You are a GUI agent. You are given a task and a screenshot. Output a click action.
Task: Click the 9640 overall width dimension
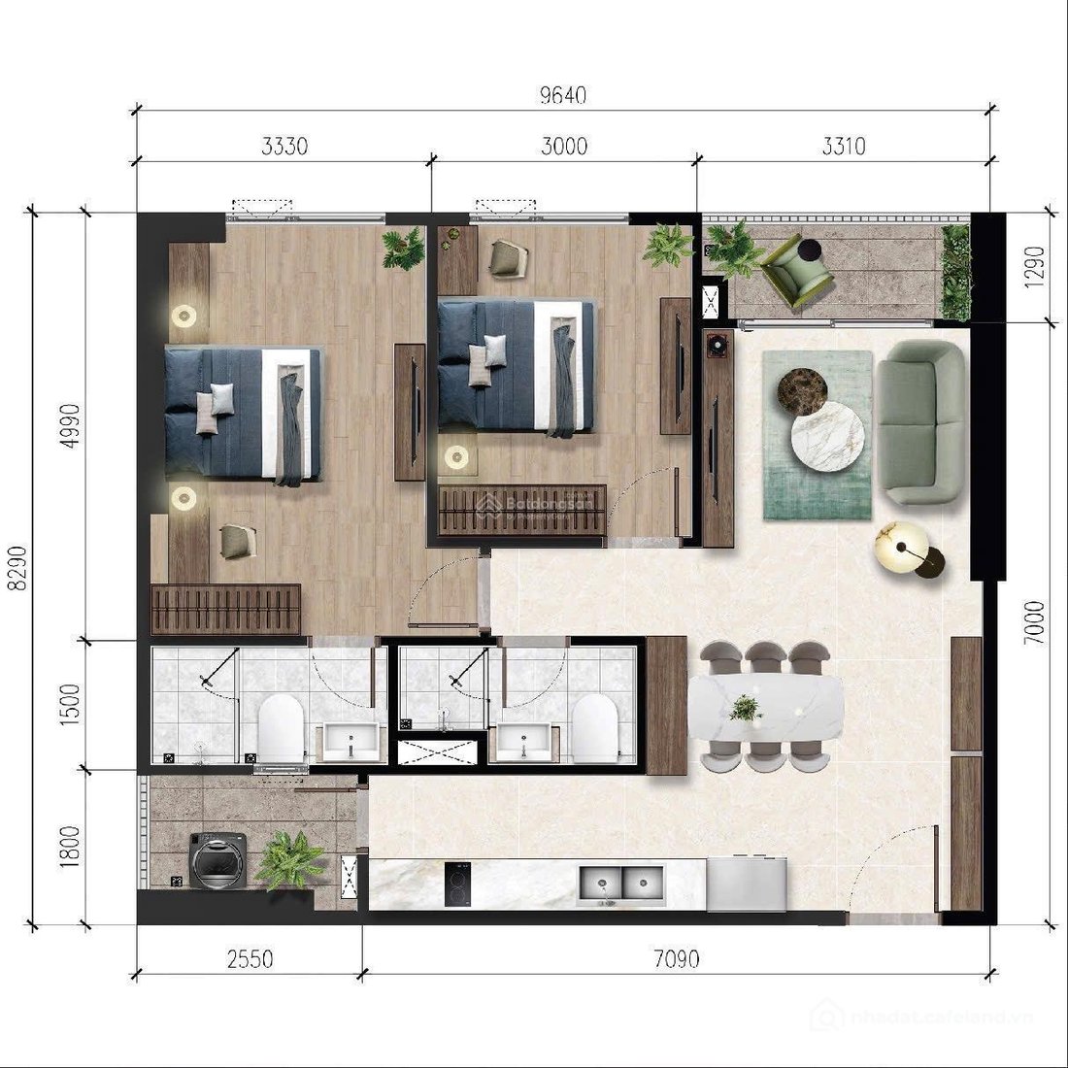[x=563, y=96]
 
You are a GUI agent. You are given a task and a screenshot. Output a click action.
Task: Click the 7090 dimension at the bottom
[x=677, y=959]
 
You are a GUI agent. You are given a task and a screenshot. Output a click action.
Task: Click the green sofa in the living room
[x=921, y=421]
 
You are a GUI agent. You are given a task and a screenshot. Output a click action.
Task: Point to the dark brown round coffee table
[x=802, y=389]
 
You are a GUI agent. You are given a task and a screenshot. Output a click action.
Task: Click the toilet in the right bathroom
[x=593, y=727]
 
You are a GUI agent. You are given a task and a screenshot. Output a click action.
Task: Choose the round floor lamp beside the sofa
[x=902, y=550]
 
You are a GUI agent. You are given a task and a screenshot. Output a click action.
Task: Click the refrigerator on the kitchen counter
[x=746, y=884]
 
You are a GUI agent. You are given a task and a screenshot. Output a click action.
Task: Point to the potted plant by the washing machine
[x=288, y=858]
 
